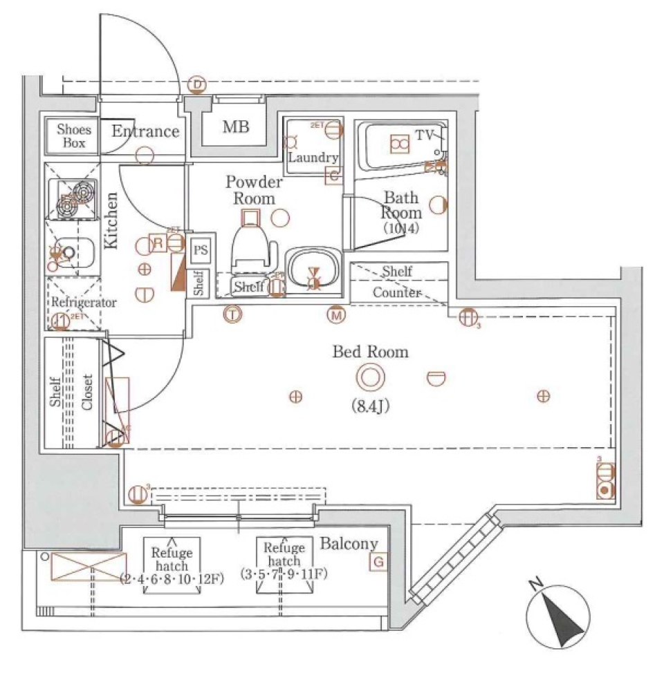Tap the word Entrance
point(146,131)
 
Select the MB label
point(235,127)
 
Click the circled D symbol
point(198,84)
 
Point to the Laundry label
point(312,158)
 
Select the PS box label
point(200,250)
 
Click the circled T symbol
point(233,314)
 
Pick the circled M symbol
point(337,314)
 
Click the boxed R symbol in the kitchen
point(158,243)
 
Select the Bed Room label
point(370,352)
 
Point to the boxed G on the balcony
point(378,563)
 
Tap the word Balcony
point(349,544)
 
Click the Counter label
point(397,292)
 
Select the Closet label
point(88,393)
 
